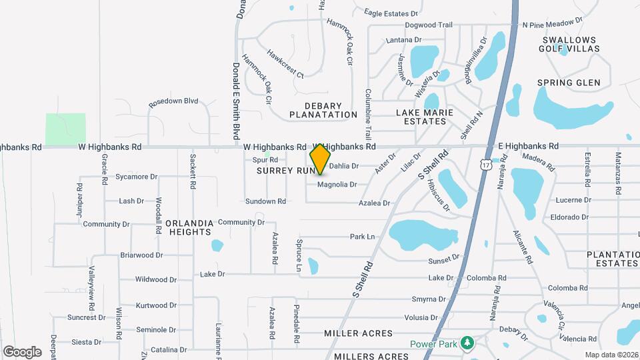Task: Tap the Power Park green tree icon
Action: tap(467, 343)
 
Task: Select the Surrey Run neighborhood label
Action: tap(284, 171)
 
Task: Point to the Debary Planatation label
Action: tap(324, 110)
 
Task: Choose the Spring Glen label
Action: tap(569, 83)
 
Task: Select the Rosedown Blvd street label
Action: tap(173, 101)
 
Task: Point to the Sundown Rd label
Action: tap(265, 201)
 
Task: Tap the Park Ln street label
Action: tap(363, 237)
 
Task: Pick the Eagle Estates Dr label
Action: tap(391, 13)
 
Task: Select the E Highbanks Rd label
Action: tap(528, 146)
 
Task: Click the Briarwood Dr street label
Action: tap(141, 255)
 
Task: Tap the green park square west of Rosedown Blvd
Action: tap(65, 127)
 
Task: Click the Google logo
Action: tap(22, 351)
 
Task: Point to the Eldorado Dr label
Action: tap(569, 217)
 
